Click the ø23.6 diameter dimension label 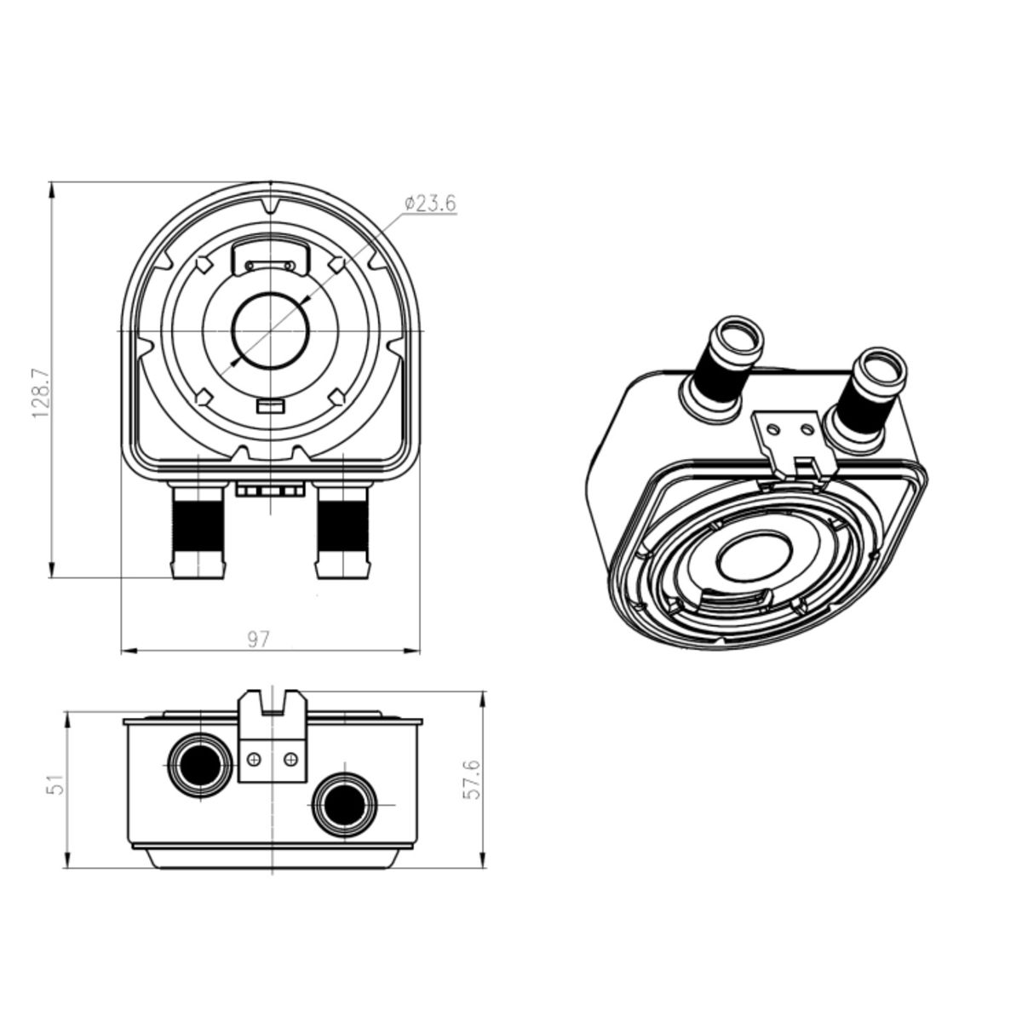point(429,204)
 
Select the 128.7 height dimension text point(41,393)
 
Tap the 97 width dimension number point(259,640)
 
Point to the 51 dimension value point(56,784)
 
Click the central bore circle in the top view point(270,330)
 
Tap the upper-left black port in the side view point(199,766)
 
